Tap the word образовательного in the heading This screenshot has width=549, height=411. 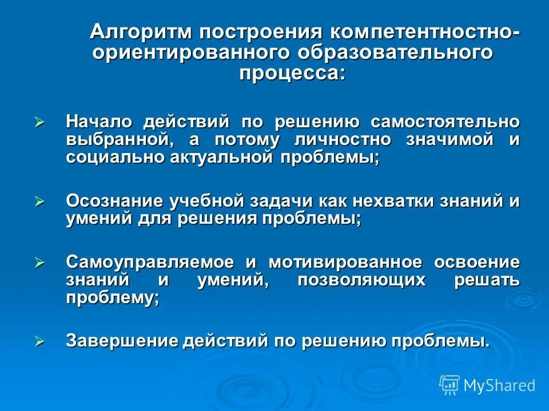pyautogui.click(x=395, y=52)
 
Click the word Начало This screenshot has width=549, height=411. pyautogui.click(x=99, y=122)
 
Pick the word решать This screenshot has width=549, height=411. pyautogui.click(x=487, y=280)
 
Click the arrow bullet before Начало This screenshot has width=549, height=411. pyautogui.click(x=39, y=122)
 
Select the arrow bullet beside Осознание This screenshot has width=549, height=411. pyautogui.click(x=39, y=202)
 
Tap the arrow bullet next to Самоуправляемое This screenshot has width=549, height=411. pyautogui.click(x=39, y=263)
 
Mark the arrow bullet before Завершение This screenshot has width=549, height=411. pyautogui.click(x=39, y=341)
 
